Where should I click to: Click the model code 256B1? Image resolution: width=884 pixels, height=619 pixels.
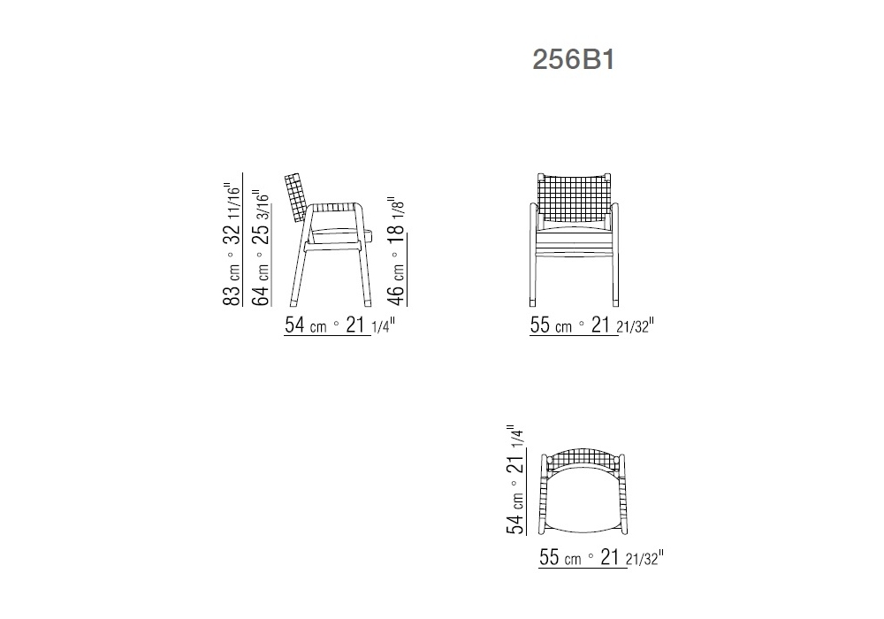tap(574, 59)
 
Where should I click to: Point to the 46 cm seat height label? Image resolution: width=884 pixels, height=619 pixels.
tap(397, 286)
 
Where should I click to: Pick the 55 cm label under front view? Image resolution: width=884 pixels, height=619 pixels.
tap(551, 325)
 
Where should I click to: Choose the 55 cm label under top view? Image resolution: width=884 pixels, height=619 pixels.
tap(560, 557)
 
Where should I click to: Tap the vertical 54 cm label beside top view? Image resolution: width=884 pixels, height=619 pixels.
tap(515, 513)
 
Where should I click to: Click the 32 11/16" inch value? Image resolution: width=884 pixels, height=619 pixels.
tap(232, 213)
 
